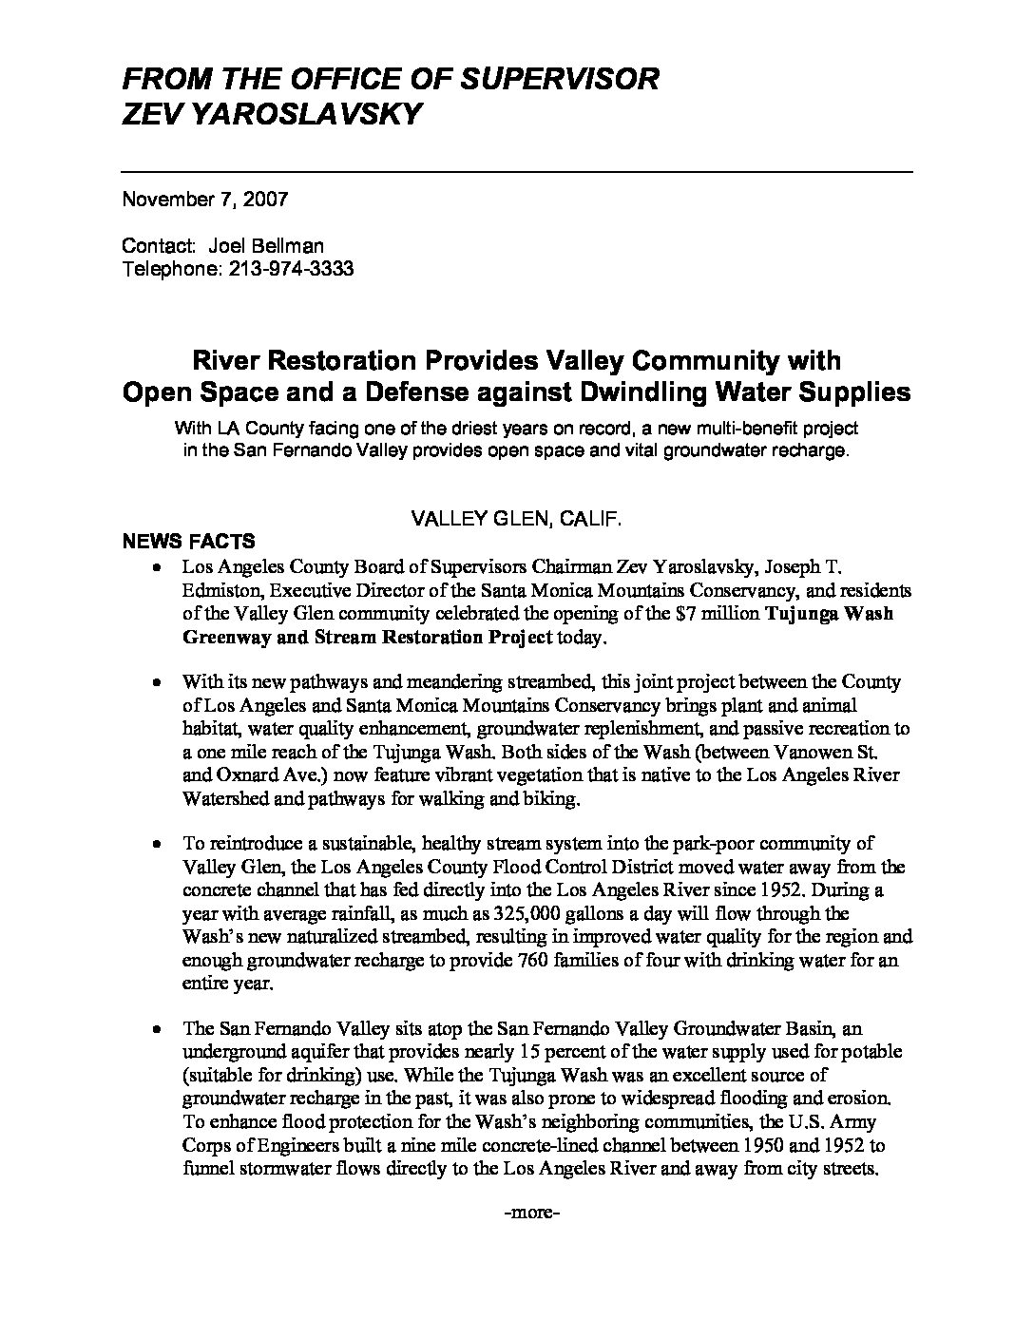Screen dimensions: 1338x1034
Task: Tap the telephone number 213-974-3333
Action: click(x=291, y=269)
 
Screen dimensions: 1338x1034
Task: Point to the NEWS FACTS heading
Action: click(x=188, y=542)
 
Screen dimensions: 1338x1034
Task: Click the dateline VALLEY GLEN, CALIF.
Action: click(x=517, y=519)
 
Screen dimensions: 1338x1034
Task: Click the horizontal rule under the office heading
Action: click(x=517, y=171)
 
